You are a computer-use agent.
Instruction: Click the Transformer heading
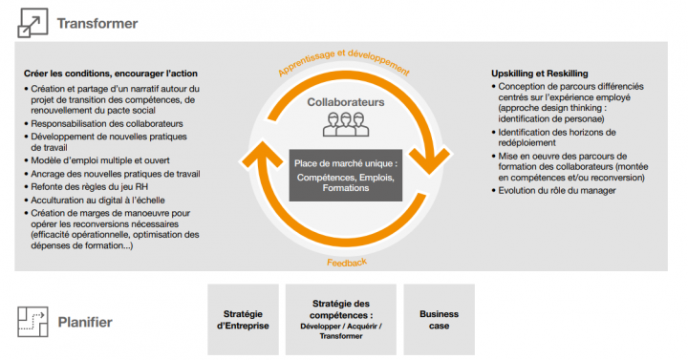(x=97, y=23)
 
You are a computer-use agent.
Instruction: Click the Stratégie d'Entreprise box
(x=243, y=319)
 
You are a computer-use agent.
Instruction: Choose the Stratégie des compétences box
(x=341, y=319)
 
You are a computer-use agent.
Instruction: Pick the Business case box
(x=439, y=319)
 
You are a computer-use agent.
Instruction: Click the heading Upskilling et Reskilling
(x=539, y=74)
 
